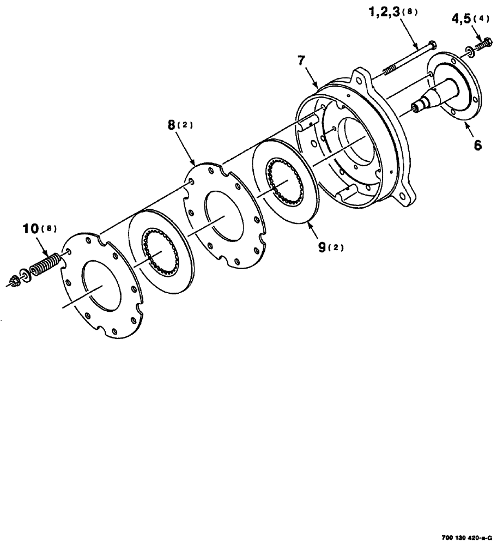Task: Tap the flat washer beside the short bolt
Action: pos(469,52)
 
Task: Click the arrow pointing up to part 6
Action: pos(468,129)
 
